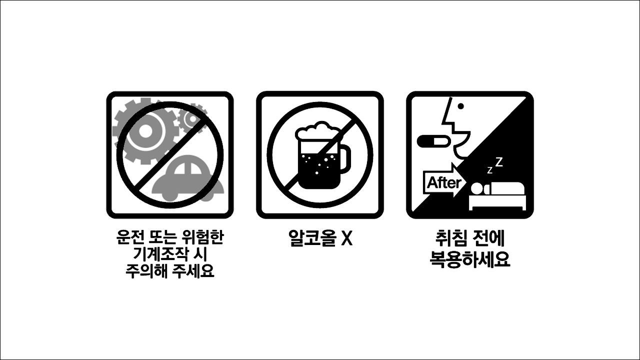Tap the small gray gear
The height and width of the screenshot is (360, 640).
pyautogui.click(x=192, y=118)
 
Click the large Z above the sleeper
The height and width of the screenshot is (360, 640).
pyautogui.click(x=498, y=161)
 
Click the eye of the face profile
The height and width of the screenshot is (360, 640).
pyautogui.click(x=461, y=106)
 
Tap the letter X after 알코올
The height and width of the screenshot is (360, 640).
pyautogui.click(x=346, y=238)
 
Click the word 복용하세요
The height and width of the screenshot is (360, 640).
pyautogui.click(x=470, y=259)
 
